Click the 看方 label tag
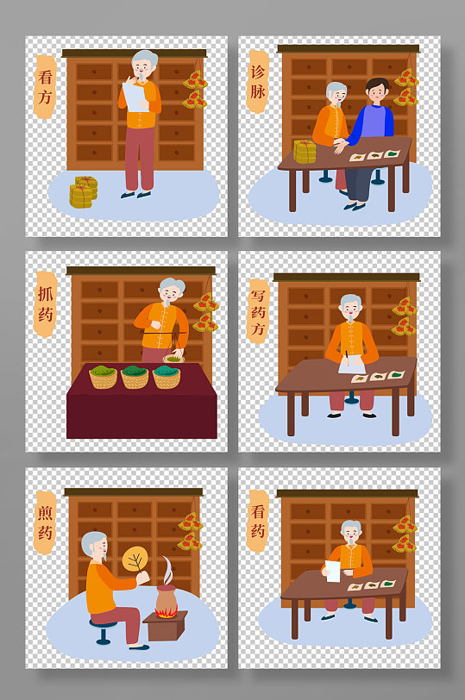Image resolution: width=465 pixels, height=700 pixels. [45, 86]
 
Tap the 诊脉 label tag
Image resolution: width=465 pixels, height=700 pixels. [258, 81]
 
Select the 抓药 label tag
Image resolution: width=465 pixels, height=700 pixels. [46, 304]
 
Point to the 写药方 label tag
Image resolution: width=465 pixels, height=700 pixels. [258, 311]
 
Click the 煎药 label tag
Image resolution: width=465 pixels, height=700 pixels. [45, 522]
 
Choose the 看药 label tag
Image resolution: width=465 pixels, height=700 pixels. [258, 521]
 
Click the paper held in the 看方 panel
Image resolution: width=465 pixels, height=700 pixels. [135, 97]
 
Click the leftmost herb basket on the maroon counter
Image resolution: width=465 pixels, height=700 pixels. [104, 377]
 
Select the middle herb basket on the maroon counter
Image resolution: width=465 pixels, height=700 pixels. [135, 377]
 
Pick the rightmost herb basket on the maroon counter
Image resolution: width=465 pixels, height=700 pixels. [167, 377]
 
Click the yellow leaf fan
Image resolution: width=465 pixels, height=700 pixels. [135, 559]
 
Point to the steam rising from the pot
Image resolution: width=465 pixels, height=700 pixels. [167, 570]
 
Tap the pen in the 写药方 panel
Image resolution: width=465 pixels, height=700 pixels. [347, 358]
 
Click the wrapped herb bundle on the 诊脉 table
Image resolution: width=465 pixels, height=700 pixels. [305, 152]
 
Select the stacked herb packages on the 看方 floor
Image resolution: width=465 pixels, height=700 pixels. [83, 192]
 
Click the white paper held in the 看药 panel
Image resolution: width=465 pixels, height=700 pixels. [332, 572]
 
